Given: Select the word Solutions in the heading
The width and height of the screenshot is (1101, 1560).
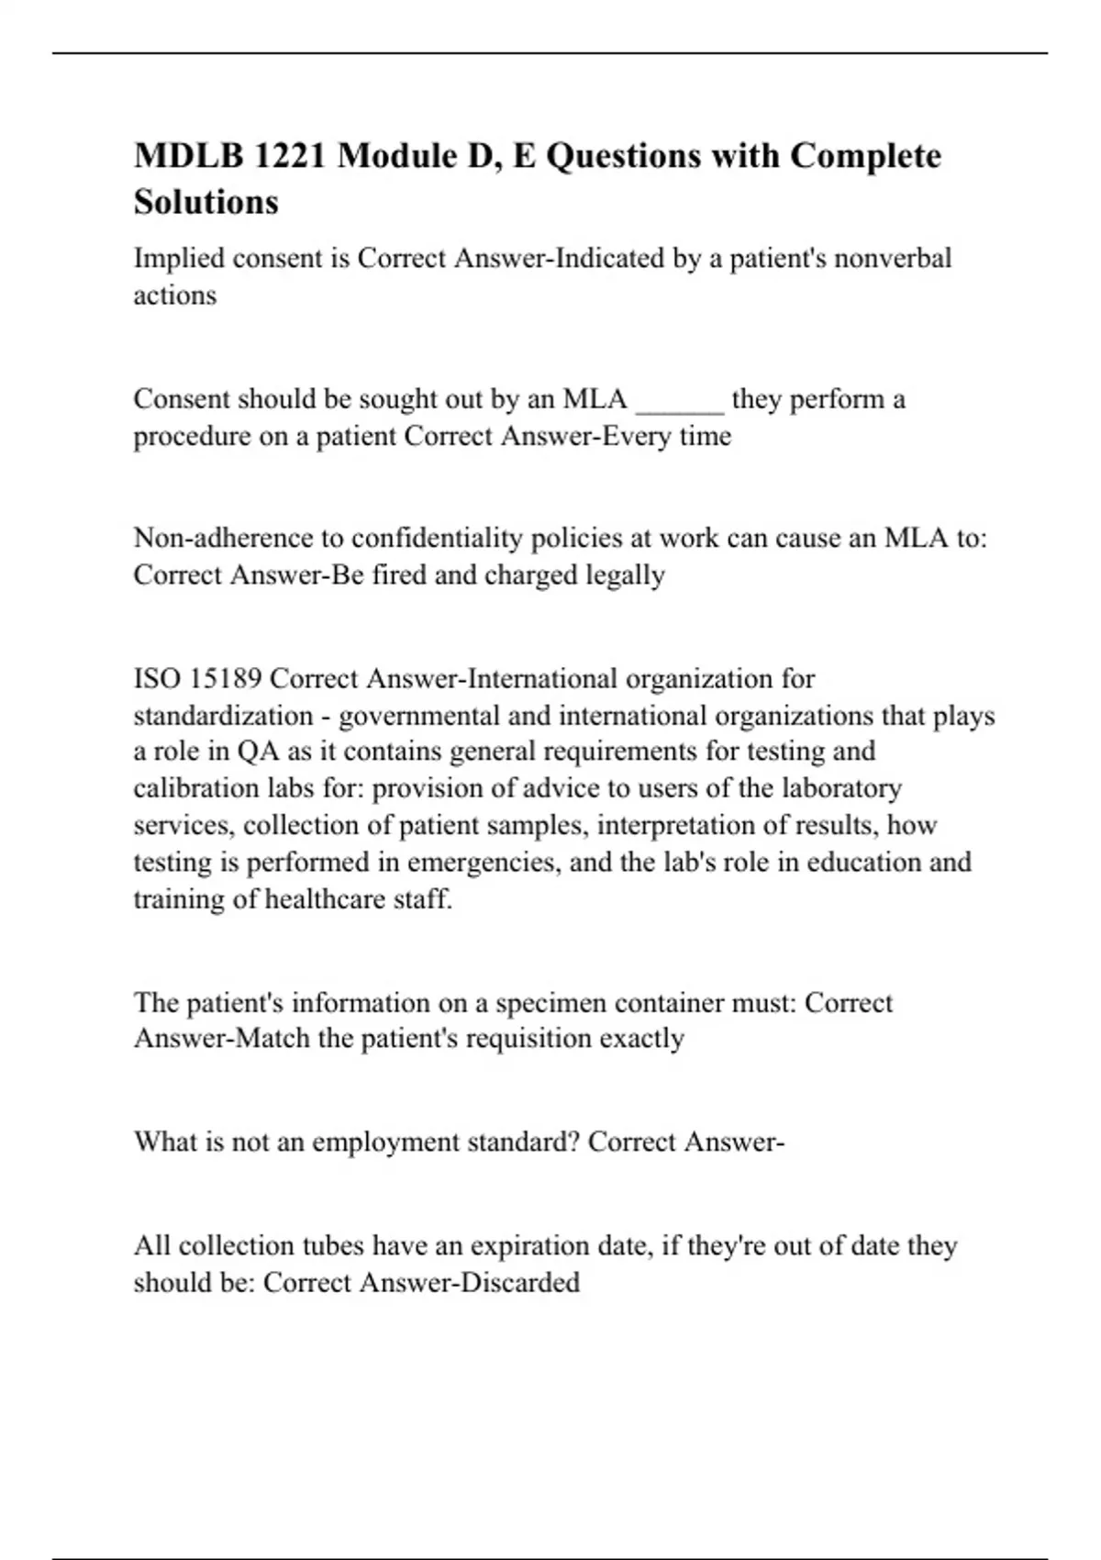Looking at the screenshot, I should (x=206, y=202).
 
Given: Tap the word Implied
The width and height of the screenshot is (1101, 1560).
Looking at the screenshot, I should (x=180, y=259).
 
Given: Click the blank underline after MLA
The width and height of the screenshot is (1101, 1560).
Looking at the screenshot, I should (x=679, y=400).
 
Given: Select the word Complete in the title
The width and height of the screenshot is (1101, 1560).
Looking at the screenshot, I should (x=865, y=157).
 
